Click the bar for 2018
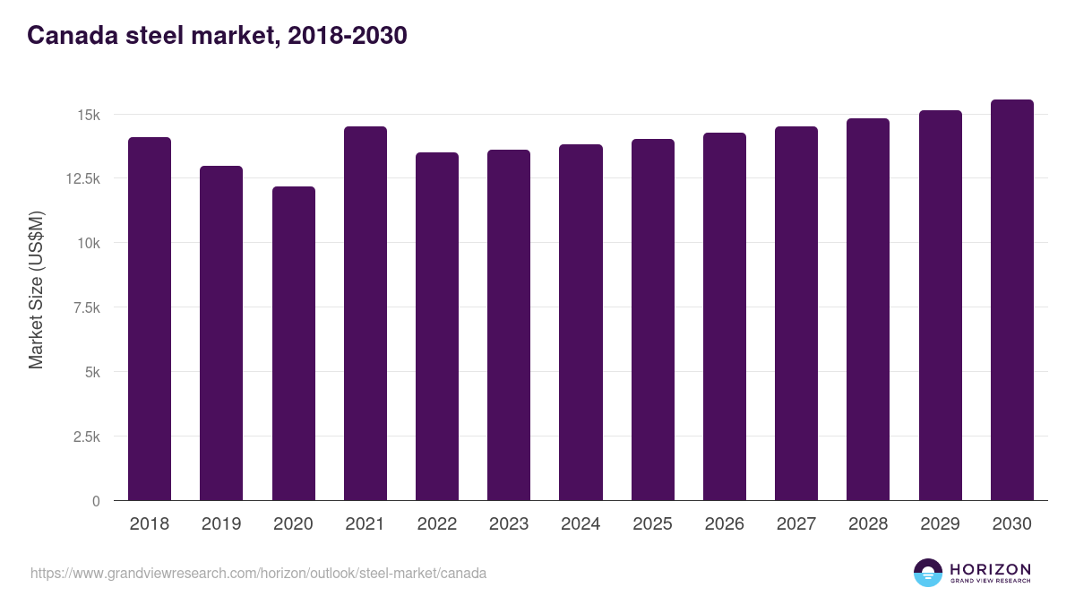[150, 318]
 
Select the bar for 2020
[293, 343]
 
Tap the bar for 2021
[365, 313]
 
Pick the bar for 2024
[580, 322]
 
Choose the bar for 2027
[796, 313]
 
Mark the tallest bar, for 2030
[1011, 299]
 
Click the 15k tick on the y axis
[88, 115]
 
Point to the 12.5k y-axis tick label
[82, 179]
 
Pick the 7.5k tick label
[85, 307]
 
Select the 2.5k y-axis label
[85, 436]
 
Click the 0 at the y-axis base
[96, 501]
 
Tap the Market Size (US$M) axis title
[36, 290]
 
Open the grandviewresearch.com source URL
[258, 573]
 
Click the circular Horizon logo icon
[928, 573]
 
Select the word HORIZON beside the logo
[990, 569]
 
